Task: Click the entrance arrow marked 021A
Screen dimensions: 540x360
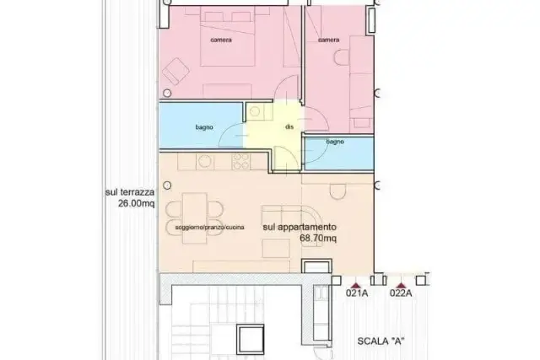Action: click(356, 285)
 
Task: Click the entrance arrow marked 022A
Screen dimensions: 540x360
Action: click(401, 285)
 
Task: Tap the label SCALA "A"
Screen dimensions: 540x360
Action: click(381, 341)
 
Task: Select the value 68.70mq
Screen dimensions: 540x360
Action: click(318, 238)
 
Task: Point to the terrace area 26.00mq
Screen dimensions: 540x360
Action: click(137, 203)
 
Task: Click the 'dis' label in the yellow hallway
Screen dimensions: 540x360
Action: click(289, 126)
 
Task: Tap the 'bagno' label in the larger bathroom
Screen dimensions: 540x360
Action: click(204, 127)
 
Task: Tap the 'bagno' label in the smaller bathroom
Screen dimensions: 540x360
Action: click(335, 142)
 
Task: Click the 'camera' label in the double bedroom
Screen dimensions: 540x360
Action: click(221, 40)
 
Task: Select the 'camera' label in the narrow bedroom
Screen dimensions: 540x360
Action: click(329, 40)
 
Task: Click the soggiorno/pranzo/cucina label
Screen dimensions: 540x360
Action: click(210, 227)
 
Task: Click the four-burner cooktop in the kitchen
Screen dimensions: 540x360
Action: click(241, 161)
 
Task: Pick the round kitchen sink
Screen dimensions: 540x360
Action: click(204, 161)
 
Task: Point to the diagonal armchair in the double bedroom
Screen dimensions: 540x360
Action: click(176, 72)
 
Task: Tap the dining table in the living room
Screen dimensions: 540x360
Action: click(195, 218)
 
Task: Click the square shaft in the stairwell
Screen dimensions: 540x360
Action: click(250, 339)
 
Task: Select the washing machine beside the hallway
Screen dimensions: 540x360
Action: click(255, 111)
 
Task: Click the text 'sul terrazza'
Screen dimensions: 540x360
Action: click(129, 192)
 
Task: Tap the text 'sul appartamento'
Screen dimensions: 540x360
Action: click(300, 227)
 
